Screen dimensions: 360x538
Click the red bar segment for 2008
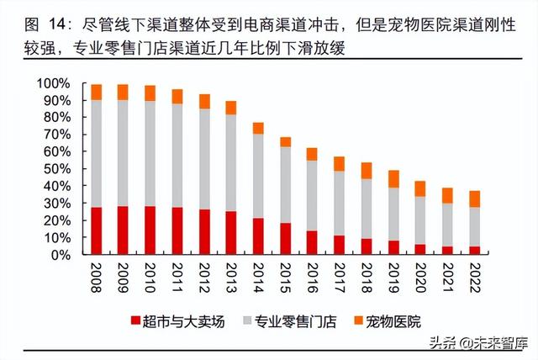pos(97,230)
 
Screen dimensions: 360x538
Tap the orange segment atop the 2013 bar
pos(230,108)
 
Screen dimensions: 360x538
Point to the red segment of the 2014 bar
pos(257,236)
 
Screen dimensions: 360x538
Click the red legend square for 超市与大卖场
pos(135,320)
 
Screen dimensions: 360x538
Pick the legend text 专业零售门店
pos(282,320)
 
